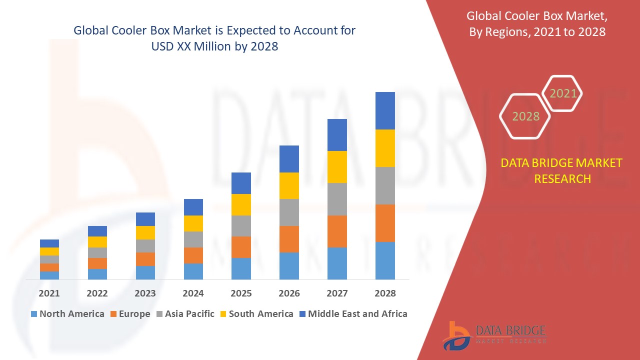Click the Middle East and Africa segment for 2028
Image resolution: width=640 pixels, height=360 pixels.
[x=385, y=110]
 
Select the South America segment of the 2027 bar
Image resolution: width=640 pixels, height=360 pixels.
[x=337, y=167]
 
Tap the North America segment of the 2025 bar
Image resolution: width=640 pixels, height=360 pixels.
[x=241, y=268]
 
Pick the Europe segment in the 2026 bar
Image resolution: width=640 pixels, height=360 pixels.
[x=289, y=239]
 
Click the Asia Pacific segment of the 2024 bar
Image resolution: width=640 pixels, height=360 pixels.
[x=193, y=239]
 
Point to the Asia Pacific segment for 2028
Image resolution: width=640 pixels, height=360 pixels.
[x=385, y=185]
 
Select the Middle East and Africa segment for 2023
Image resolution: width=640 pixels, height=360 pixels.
[x=145, y=219]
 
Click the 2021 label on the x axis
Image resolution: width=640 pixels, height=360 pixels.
[x=49, y=293]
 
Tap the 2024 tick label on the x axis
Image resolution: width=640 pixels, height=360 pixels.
[x=193, y=293]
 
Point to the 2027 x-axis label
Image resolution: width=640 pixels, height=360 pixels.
[x=337, y=293]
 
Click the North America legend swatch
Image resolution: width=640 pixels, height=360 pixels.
[x=34, y=314]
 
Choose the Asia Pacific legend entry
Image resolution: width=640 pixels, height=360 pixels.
[x=184, y=314]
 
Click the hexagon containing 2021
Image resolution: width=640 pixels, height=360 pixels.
[x=562, y=93]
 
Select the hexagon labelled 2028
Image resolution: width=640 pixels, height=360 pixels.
[x=525, y=116]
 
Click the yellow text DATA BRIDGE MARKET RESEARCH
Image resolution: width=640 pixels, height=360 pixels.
[x=562, y=171]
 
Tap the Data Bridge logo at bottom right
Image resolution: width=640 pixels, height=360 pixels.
[x=494, y=335]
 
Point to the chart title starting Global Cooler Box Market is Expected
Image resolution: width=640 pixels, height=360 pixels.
[x=214, y=38]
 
